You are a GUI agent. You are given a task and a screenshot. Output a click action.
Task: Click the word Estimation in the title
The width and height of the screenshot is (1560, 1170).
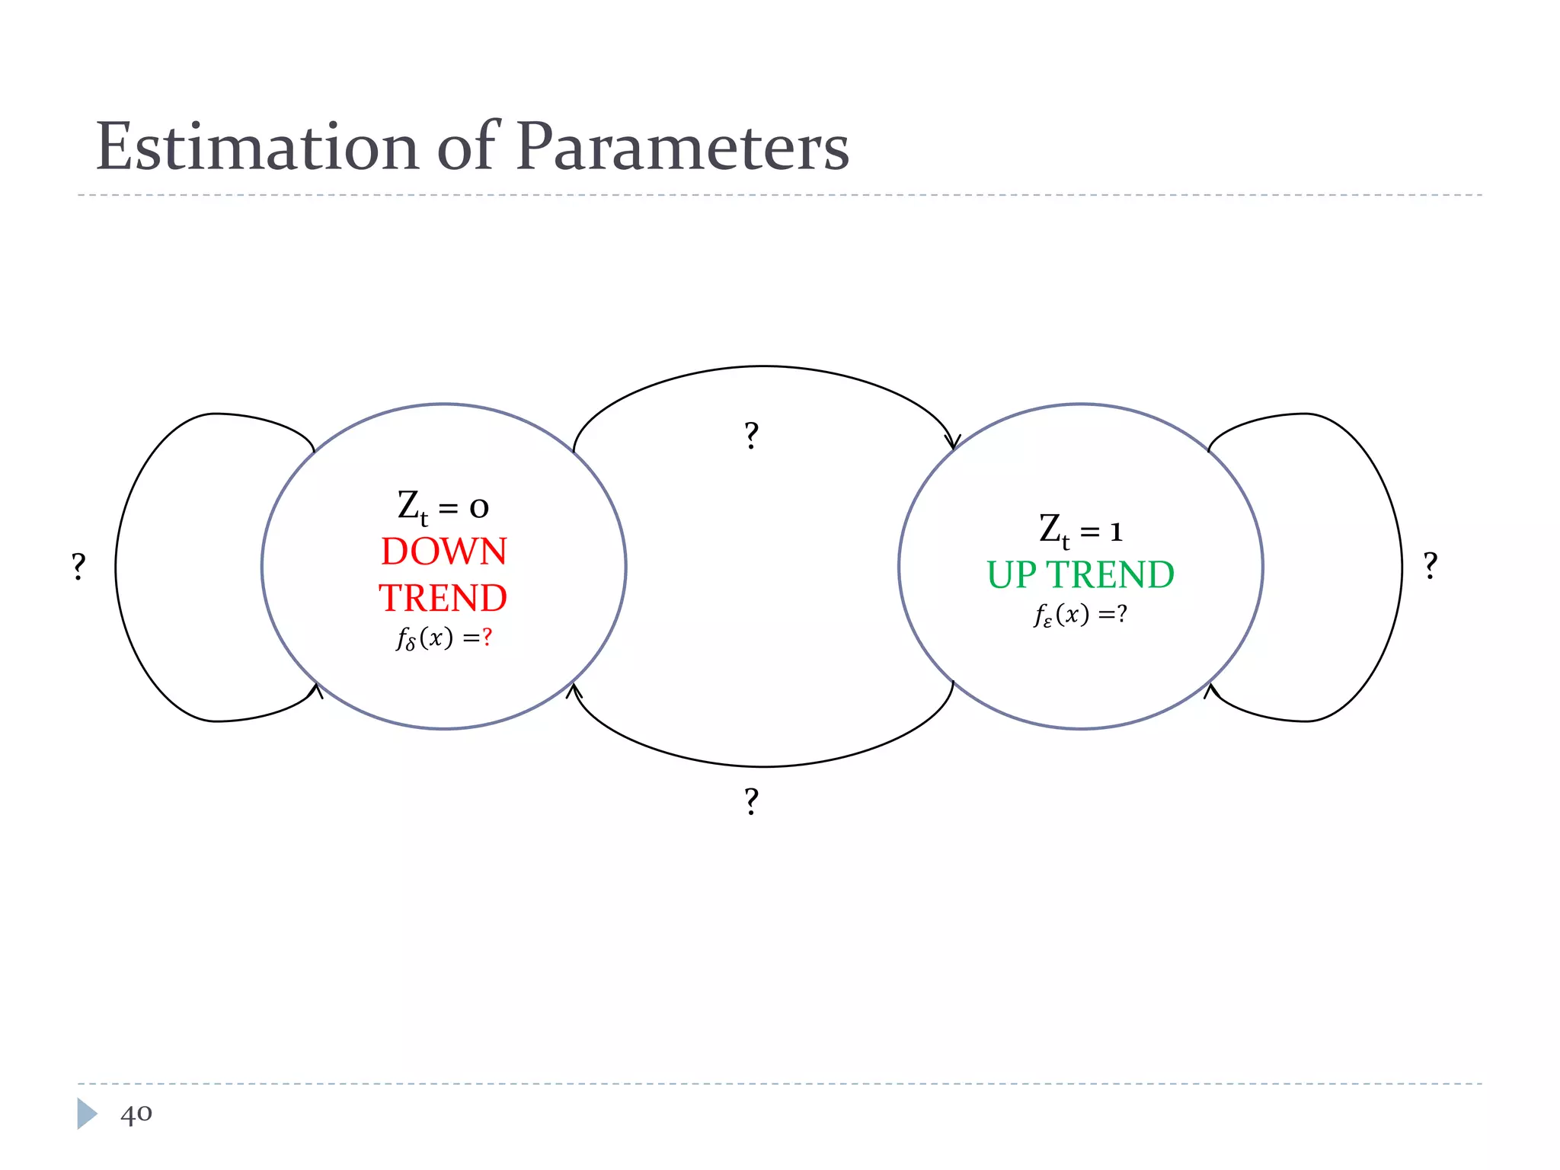pyautogui.click(x=257, y=146)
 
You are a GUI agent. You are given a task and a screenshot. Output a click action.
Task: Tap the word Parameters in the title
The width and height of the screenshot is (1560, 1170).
pyautogui.click(x=682, y=146)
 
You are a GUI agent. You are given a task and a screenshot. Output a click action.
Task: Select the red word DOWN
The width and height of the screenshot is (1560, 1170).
pyautogui.click(x=444, y=551)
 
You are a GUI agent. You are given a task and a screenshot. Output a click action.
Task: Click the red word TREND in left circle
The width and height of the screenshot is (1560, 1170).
pyautogui.click(x=443, y=598)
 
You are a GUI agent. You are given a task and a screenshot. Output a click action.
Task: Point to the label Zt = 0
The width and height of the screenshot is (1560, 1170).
pyautogui.click(x=443, y=507)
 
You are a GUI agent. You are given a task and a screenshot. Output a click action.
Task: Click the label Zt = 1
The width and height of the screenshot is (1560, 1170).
pyautogui.click(x=1080, y=530)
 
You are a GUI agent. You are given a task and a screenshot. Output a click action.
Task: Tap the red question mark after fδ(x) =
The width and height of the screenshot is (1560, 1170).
pyautogui.click(x=487, y=637)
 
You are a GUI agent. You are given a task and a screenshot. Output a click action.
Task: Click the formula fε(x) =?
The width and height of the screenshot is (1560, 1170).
pyautogui.click(x=1080, y=615)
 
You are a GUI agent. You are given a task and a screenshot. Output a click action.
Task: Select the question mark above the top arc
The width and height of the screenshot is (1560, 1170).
pyautogui.click(x=751, y=436)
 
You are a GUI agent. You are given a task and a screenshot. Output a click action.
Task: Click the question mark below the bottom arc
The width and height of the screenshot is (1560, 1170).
pyautogui.click(x=751, y=801)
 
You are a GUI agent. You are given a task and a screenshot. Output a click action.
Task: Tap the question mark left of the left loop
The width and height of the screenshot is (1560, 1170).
pyautogui.click(x=78, y=567)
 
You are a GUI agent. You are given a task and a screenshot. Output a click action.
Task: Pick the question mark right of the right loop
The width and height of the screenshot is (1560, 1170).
pyautogui.click(x=1431, y=566)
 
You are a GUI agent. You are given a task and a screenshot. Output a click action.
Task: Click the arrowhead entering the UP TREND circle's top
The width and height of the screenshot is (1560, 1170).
pyautogui.click(x=952, y=443)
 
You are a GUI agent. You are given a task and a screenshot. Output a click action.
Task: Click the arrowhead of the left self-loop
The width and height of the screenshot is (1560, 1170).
pyautogui.click(x=316, y=690)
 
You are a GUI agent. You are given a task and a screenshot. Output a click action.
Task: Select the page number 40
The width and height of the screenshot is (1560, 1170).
pyautogui.click(x=136, y=1114)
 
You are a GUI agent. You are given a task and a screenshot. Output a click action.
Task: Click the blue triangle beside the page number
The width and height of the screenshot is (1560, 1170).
pyautogui.click(x=86, y=1114)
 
